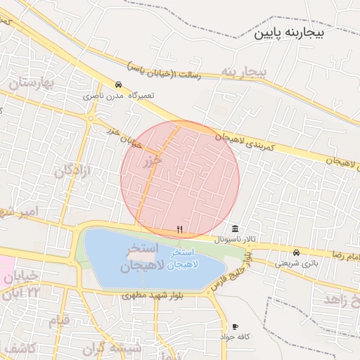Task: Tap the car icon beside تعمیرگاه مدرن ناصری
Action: coord(117,84)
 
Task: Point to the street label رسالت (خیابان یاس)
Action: coord(165,71)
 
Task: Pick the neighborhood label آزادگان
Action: coord(74,169)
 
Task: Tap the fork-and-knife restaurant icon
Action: coord(180,229)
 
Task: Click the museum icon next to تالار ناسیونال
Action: coord(234,229)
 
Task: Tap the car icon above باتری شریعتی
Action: coord(296,252)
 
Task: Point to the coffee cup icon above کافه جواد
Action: coord(234,327)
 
